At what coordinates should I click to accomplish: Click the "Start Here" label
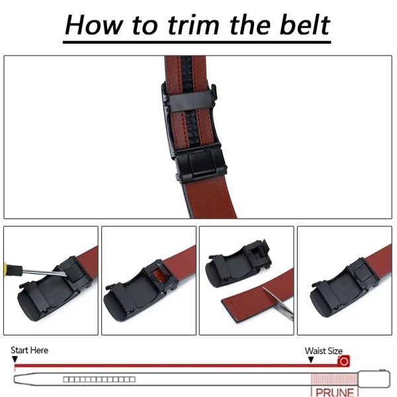pyautogui.click(x=29, y=350)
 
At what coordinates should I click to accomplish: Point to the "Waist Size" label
pyautogui.click(x=324, y=351)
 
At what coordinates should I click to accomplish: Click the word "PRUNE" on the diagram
pyautogui.click(x=335, y=392)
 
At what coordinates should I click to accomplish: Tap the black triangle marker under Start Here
pyautogui.click(x=15, y=359)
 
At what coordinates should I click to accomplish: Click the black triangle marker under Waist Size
pyautogui.click(x=311, y=359)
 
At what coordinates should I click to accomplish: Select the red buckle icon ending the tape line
pyautogui.click(x=343, y=361)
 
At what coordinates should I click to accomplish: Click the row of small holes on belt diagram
pyautogui.click(x=99, y=380)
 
